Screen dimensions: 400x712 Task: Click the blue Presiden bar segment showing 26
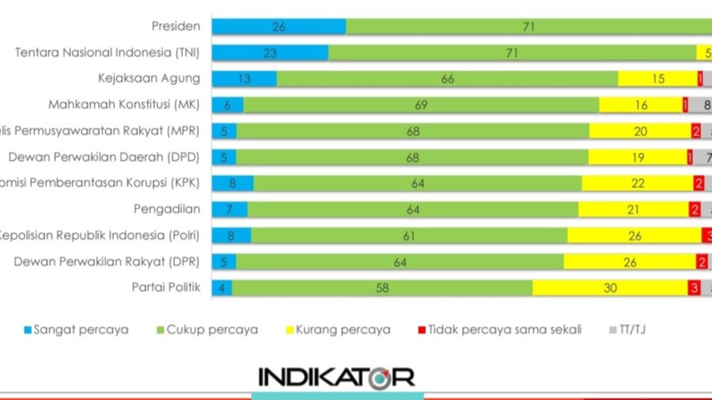pyautogui.click(x=279, y=27)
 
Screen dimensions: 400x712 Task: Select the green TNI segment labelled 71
pyautogui.click(x=512, y=53)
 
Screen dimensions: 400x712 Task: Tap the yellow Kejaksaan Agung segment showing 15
pyautogui.click(x=657, y=79)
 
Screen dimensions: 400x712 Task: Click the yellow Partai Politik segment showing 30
pyautogui.click(x=610, y=288)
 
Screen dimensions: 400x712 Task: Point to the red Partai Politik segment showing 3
pyautogui.click(x=694, y=288)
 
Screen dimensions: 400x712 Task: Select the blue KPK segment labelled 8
pyautogui.click(x=233, y=183)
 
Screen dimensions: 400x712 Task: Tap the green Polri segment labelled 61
pyautogui.click(x=409, y=236)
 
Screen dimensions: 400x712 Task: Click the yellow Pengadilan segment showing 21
pyautogui.click(x=634, y=209)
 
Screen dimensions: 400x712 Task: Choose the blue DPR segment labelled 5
pyautogui.click(x=224, y=262)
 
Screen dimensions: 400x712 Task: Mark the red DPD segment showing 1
pyautogui.click(x=690, y=157)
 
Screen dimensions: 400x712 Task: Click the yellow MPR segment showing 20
pyautogui.click(x=640, y=131)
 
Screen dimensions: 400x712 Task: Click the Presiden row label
pyautogui.click(x=175, y=26)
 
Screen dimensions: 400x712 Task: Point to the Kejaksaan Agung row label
pyautogui.click(x=149, y=78)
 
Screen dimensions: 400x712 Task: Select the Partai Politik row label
pyautogui.click(x=166, y=287)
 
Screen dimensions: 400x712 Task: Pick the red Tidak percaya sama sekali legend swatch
pyautogui.click(x=422, y=330)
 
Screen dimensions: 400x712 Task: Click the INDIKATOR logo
pyautogui.click(x=337, y=378)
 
